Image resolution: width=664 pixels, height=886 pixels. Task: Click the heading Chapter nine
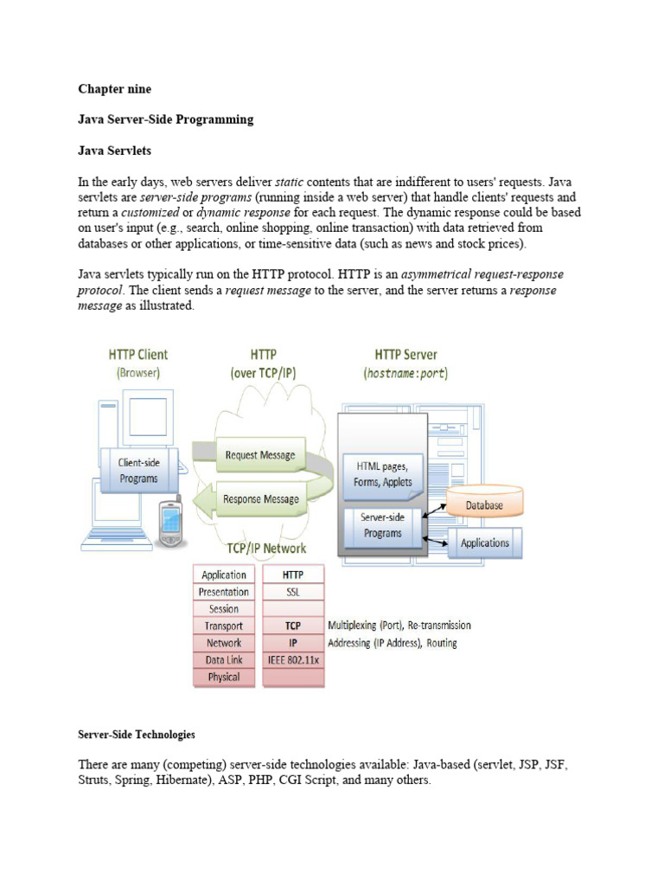(x=115, y=88)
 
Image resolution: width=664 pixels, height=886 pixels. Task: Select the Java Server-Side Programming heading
(x=166, y=119)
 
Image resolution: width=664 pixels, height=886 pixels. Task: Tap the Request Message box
(x=259, y=455)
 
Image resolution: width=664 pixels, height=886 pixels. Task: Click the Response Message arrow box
(x=259, y=499)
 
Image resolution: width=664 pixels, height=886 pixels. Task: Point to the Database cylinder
(x=485, y=504)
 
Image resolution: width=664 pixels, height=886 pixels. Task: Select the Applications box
(x=484, y=543)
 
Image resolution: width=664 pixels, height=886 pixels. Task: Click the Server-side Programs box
(x=382, y=526)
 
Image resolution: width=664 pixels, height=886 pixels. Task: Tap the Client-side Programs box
(x=138, y=471)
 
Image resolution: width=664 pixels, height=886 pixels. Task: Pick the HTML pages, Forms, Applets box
(x=382, y=474)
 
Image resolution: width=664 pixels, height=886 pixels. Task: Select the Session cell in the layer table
(x=224, y=609)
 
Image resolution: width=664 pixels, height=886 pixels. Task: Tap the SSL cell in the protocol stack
(x=292, y=592)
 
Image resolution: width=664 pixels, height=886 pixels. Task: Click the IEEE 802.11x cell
(x=292, y=660)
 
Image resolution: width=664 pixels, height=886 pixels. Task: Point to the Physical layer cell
(x=224, y=677)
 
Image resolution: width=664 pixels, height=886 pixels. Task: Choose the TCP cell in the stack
(x=292, y=626)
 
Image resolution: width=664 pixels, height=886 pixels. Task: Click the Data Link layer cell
(x=224, y=660)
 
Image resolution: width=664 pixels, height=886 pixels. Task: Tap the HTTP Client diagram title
(x=138, y=355)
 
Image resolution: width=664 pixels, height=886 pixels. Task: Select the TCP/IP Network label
(x=266, y=549)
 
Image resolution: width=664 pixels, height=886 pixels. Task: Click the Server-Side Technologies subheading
(x=137, y=735)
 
